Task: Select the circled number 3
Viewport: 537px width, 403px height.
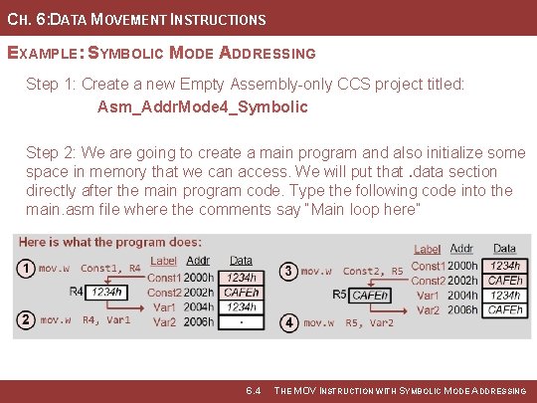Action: click(x=288, y=271)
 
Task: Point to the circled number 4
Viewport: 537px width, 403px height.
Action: click(x=288, y=322)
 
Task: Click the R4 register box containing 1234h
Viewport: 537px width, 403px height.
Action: click(x=106, y=293)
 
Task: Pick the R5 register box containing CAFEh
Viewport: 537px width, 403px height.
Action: click(x=370, y=296)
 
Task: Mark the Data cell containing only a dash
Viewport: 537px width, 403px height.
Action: click(x=241, y=322)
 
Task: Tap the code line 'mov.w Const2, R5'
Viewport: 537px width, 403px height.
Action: click(x=352, y=271)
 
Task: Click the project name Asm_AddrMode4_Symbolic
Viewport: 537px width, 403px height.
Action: click(x=203, y=105)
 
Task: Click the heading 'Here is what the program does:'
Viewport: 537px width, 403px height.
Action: click(x=109, y=242)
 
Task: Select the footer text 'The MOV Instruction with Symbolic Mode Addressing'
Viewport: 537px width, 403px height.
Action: click(x=400, y=391)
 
